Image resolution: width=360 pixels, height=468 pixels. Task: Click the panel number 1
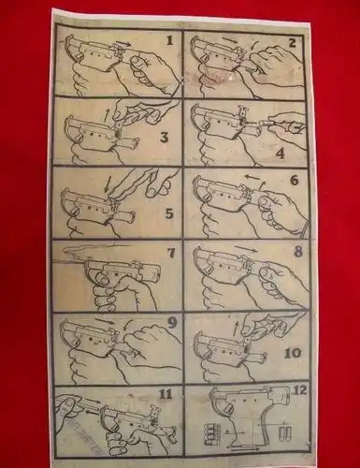tap(169, 40)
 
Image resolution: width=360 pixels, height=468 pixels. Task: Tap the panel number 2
tap(292, 42)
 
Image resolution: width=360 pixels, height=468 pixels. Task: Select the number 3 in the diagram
tap(164, 137)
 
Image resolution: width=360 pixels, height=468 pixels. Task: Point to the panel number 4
tap(281, 154)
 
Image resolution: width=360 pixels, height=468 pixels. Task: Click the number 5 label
tap(168, 213)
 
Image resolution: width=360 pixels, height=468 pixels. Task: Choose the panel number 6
tap(294, 180)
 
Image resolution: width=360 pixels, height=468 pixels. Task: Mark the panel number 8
tap(298, 251)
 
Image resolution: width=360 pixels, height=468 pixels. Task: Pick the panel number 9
tap(172, 323)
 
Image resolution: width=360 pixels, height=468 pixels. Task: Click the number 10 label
tap(293, 353)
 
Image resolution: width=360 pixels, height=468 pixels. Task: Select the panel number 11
tap(166, 395)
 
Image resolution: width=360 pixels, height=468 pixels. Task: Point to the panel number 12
tap(299, 390)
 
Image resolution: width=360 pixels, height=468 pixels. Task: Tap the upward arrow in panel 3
tap(107, 116)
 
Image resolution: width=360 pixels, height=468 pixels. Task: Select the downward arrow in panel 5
tap(108, 185)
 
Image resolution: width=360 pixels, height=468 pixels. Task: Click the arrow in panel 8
tap(246, 248)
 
